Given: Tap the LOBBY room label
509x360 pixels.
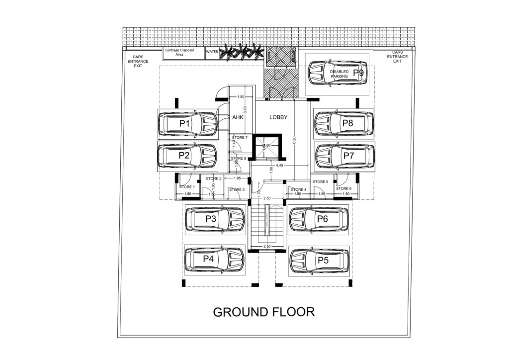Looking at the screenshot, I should click(279, 118).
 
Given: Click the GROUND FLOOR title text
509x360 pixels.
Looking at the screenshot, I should click(264, 312).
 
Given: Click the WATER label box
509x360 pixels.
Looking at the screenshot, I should click(212, 51).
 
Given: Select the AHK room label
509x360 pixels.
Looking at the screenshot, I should click(236, 118).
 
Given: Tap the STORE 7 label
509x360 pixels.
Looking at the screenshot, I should click(240, 137).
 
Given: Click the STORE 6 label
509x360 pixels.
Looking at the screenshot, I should click(343, 188).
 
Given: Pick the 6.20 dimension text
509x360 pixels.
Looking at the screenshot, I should click(294, 141).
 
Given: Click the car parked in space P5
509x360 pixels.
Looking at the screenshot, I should click(318, 261).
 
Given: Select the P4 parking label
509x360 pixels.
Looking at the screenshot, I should click(208, 259).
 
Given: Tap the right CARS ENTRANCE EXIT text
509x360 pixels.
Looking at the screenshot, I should click(397, 57).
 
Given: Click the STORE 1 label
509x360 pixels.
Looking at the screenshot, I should click(187, 187).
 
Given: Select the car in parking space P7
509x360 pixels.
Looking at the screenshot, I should click(344, 156).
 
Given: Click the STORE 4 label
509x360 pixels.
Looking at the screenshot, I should click(299, 189).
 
